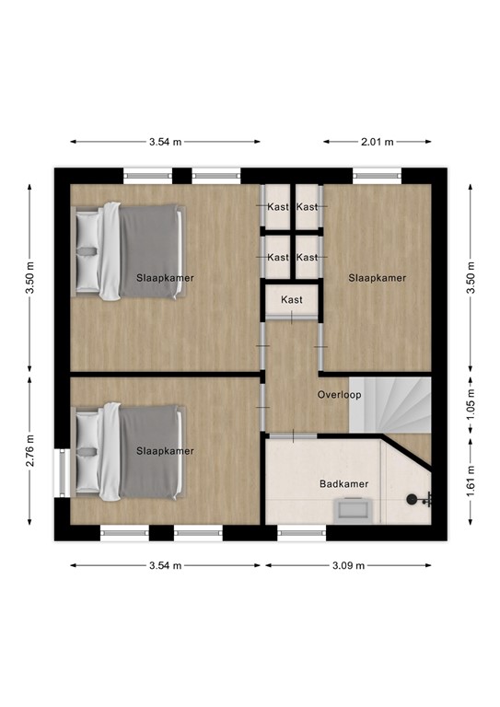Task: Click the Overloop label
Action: pos(339,395)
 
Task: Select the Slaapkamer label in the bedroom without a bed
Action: pos(376,277)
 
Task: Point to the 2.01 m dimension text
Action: pos(377,142)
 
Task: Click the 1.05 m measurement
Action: pos(471,404)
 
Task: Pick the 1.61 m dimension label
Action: pos(471,483)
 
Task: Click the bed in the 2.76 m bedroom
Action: pos(127,450)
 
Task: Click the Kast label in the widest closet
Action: pos(292,300)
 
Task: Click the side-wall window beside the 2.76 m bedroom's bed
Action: pos(63,472)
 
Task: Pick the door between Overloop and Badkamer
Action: pos(292,434)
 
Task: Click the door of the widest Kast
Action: pos(292,318)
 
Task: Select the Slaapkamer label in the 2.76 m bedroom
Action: pos(165,451)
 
